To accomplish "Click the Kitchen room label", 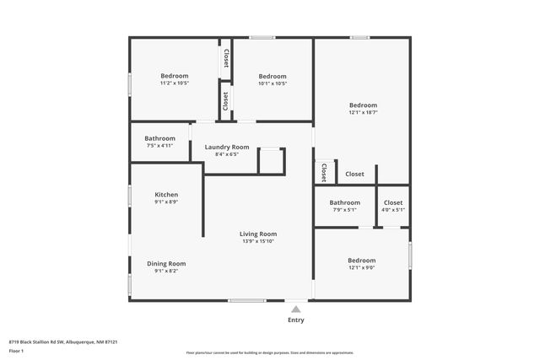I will (166, 195).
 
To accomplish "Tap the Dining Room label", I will (166, 264).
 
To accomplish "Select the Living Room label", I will (258, 234).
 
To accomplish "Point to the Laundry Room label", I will (227, 147).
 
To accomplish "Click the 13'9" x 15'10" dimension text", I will (258, 241).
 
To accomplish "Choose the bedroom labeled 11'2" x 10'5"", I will (174, 76).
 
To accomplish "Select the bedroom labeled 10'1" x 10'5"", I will (272, 76).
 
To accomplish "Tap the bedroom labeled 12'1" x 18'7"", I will (363, 105).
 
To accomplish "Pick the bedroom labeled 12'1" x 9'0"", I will (361, 261).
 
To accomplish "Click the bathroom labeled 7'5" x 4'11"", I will (159, 138).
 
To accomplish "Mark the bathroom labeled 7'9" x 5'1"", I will (344, 202).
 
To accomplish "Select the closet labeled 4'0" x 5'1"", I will (393, 202).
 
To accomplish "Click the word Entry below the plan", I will (296, 320).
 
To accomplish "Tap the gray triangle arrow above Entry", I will (296, 309).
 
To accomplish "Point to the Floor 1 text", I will (16, 350).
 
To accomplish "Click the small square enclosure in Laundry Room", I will (271, 161).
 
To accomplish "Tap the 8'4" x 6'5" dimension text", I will (227, 154).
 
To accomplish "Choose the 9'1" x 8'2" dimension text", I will (166, 271).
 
